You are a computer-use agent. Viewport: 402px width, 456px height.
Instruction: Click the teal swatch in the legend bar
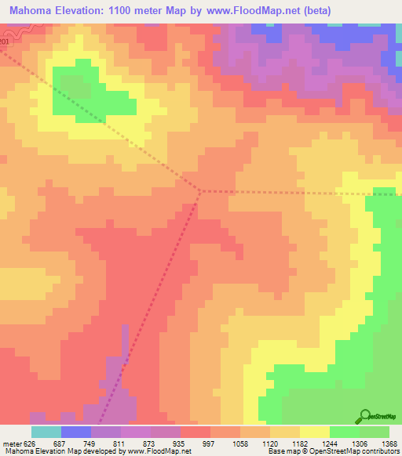pyautogui.click(x=46, y=432)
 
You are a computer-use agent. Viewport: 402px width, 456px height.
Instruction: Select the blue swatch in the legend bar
pyautogui.click(x=76, y=432)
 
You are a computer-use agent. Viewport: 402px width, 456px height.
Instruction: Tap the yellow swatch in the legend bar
pyautogui.click(x=315, y=432)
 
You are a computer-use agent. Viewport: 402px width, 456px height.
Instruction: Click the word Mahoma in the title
pyautogui.click(x=31, y=11)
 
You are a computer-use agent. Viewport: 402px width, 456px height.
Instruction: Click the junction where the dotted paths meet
pyautogui.click(x=201, y=190)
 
